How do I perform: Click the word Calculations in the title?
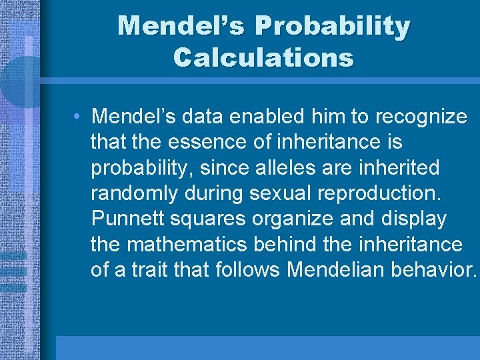click(263, 57)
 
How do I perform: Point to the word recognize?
click(421, 117)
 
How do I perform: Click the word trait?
click(154, 270)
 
